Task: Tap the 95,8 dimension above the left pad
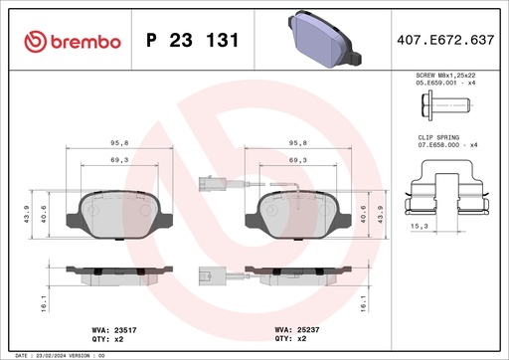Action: point(120,141)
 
